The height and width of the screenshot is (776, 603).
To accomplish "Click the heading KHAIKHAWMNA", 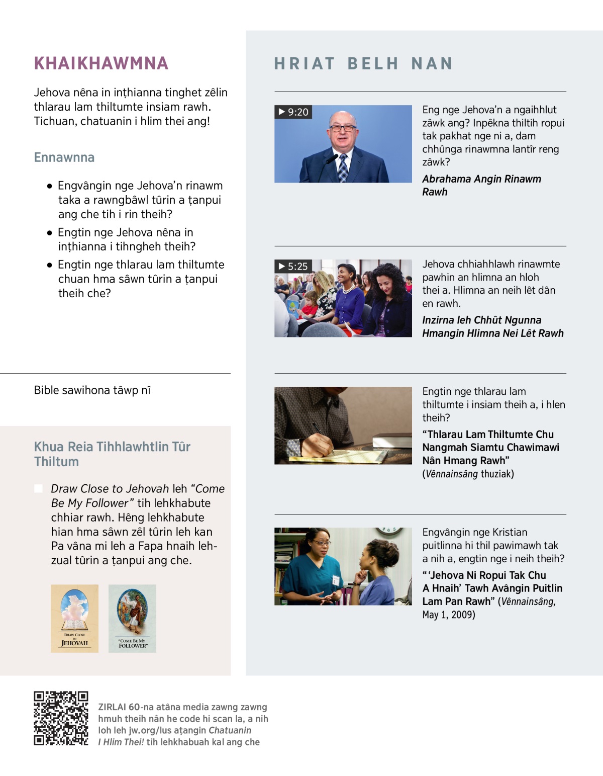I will [x=101, y=63].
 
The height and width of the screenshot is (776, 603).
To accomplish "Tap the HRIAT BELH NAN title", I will [x=363, y=63].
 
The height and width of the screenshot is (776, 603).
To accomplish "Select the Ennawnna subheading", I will [x=64, y=157].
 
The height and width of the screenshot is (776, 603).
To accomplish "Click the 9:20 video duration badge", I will [x=293, y=112].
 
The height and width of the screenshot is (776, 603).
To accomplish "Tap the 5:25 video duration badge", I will [x=293, y=267].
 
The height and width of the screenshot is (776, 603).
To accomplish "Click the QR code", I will [x=61, y=718].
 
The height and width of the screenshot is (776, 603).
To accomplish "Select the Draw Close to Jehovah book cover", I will [x=74, y=619].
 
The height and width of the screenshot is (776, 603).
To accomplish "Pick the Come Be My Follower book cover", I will [x=132, y=619].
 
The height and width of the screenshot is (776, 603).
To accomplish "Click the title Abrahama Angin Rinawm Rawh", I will [x=481, y=186].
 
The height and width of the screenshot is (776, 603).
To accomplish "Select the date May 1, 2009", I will [x=449, y=615].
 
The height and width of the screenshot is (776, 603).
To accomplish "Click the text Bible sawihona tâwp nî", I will [x=92, y=390].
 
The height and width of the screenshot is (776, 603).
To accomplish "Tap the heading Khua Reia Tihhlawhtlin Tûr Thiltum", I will [x=112, y=454].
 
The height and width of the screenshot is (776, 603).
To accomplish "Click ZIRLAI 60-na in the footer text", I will [x=119, y=707].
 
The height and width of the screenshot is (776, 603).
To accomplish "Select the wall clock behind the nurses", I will [x=389, y=531].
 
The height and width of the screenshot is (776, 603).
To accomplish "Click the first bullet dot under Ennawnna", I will [x=49, y=186].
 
